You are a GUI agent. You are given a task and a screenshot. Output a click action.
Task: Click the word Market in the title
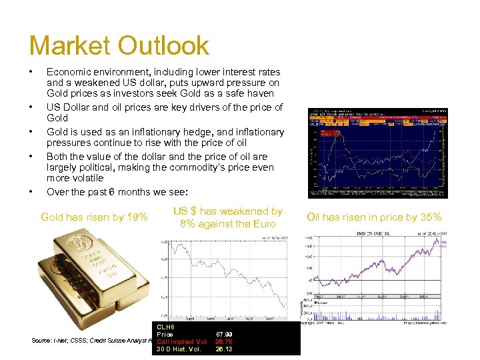coord(69,46)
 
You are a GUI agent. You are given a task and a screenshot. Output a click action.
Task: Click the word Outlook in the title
coord(163,46)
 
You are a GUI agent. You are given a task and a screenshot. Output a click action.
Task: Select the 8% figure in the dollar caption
coord(186,224)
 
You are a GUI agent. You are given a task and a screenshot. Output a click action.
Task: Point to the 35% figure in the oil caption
coord(429,217)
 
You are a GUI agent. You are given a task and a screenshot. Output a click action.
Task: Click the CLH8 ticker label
coord(166,326)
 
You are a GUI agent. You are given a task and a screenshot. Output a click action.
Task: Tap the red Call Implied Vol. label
coord(183,341)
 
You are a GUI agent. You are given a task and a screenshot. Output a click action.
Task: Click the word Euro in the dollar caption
coord(263,224)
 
